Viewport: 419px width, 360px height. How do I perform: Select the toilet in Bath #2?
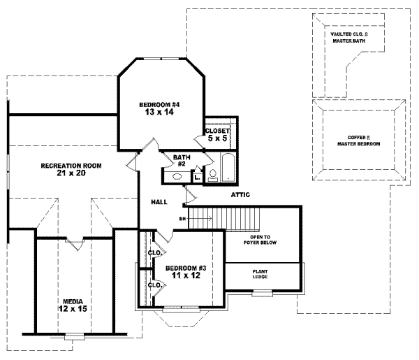coord(212,175)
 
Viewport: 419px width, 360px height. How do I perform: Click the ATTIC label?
coord(238,195)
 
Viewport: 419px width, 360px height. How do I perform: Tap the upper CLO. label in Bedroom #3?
coord(155,253)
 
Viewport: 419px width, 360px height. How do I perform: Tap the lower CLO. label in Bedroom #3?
coord(155,285)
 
